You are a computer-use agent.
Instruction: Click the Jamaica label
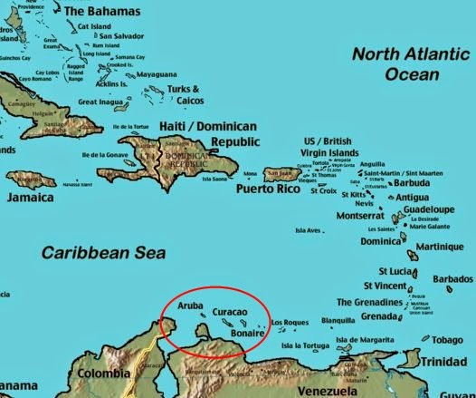32,197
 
